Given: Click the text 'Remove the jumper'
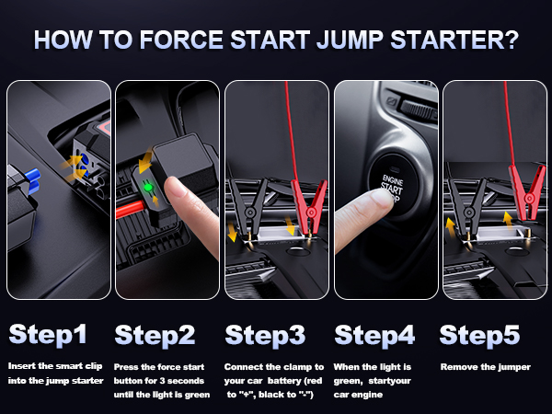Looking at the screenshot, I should click(x=486, y=367).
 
